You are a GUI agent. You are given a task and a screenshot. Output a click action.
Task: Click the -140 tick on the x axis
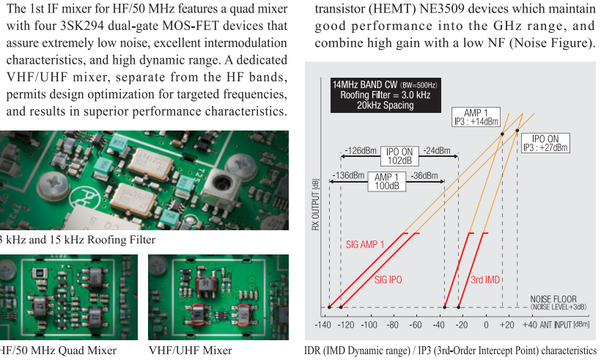tap(323, 325)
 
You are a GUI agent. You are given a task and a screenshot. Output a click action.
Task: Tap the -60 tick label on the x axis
tap(416, 325)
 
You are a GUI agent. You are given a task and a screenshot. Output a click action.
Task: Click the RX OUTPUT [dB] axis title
tap(316, 203)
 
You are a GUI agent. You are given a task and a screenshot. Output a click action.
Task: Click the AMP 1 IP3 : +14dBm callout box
tap(476, 117)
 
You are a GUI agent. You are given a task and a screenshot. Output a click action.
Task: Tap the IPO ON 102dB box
tap(399, 155)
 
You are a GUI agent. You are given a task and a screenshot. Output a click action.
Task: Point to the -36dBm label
tap(423, 176)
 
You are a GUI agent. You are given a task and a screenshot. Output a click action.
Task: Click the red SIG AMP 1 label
tap(365, 244)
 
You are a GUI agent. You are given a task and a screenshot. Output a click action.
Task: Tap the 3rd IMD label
tap(485, 279)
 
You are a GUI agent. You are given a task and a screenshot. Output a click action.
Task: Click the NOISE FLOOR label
tap(553, 301)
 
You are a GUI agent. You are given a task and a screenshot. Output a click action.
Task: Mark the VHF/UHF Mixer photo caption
tap(190, 350)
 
